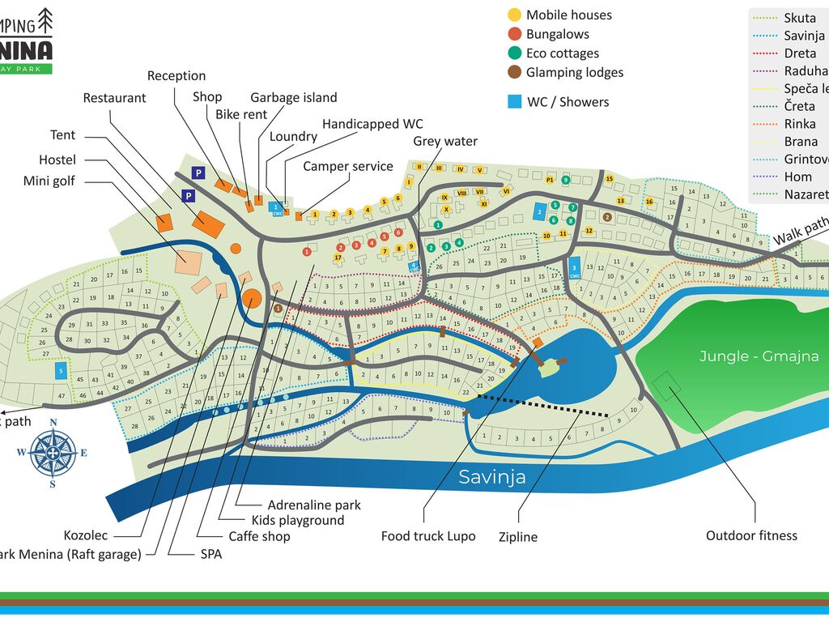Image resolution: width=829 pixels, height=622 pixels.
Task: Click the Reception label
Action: tap(176, 76)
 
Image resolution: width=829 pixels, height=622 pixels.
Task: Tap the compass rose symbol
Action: tap(53, 453)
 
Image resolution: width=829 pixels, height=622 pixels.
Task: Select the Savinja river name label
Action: tap(492, 477)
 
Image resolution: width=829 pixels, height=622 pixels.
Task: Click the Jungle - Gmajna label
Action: tap(747, 356)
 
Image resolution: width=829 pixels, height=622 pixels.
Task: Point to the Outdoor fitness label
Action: tap(751, 535)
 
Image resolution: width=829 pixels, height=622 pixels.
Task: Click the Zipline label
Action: tap(517, 536)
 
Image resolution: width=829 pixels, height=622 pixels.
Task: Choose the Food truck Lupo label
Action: tap(428, 536)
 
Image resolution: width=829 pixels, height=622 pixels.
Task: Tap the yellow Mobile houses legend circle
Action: tap(514, 15)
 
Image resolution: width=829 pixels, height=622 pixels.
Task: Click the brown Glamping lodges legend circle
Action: tap(514, 73)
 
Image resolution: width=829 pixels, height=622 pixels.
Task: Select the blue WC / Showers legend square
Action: tap(514, 102)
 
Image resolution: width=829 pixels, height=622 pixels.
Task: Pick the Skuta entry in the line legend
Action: tap(800, 18)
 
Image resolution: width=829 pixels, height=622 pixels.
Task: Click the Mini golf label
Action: tap(49, 181)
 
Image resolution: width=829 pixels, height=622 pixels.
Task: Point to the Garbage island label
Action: tap(293, 97)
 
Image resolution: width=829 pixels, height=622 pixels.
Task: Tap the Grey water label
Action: tap(445, 141)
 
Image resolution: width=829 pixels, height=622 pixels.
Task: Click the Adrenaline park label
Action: tap(314, 505)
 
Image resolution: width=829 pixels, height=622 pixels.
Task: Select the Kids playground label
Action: tap(298, 520)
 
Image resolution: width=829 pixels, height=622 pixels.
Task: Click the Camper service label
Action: tap(348, 167)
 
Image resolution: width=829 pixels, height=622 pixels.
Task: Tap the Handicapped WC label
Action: tap(372, 124)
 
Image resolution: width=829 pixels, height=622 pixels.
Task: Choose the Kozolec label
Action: tap(86, 535)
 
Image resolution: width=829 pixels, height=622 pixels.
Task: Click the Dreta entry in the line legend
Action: tap(800, 53)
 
